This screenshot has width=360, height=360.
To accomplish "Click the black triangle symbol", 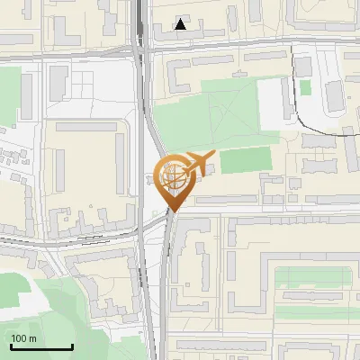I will coord(181,24).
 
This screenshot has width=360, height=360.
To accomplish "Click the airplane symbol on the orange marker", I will coord(199,162).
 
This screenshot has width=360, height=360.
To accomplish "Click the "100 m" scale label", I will coord(23,337).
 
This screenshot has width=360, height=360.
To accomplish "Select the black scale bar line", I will coord(41,346).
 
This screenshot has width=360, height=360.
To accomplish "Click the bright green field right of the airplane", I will coord(245,160).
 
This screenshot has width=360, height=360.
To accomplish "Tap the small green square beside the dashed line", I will coord(305,87).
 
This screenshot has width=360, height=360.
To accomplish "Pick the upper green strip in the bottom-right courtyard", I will coord(310,276).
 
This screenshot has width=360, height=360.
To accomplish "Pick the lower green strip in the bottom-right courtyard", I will coord(310,312).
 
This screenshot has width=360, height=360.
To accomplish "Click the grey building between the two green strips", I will coord(310,294).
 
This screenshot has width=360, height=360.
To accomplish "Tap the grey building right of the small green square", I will coord(334,94).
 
